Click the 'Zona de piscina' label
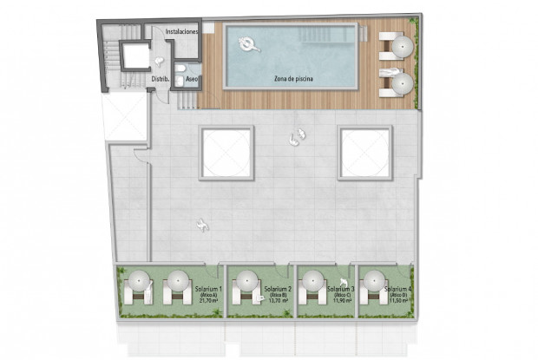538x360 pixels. pyautogui.click(x=293, y=79)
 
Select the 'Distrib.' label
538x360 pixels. pyautogui.click(x=159, y=78)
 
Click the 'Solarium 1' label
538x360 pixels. pyautogui.click(x=209, y=289)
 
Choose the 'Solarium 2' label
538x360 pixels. pyautogui.click(x=278, y=289)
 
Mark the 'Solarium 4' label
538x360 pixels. pyautogui.click(x=398, y=289)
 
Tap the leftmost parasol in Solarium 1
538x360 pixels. pyautogui.click(x=139, y=282)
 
